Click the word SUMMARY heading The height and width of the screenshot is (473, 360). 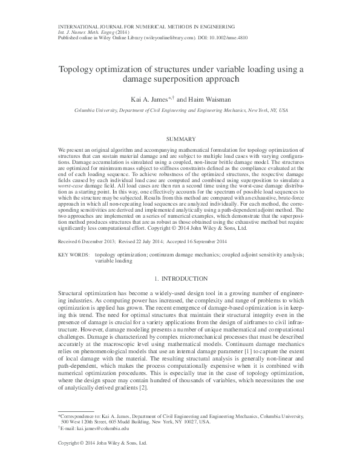pyautogui.click(x=180, y=139)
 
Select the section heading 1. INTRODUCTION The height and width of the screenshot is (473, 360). pyautogui.click(x=180, y=279)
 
